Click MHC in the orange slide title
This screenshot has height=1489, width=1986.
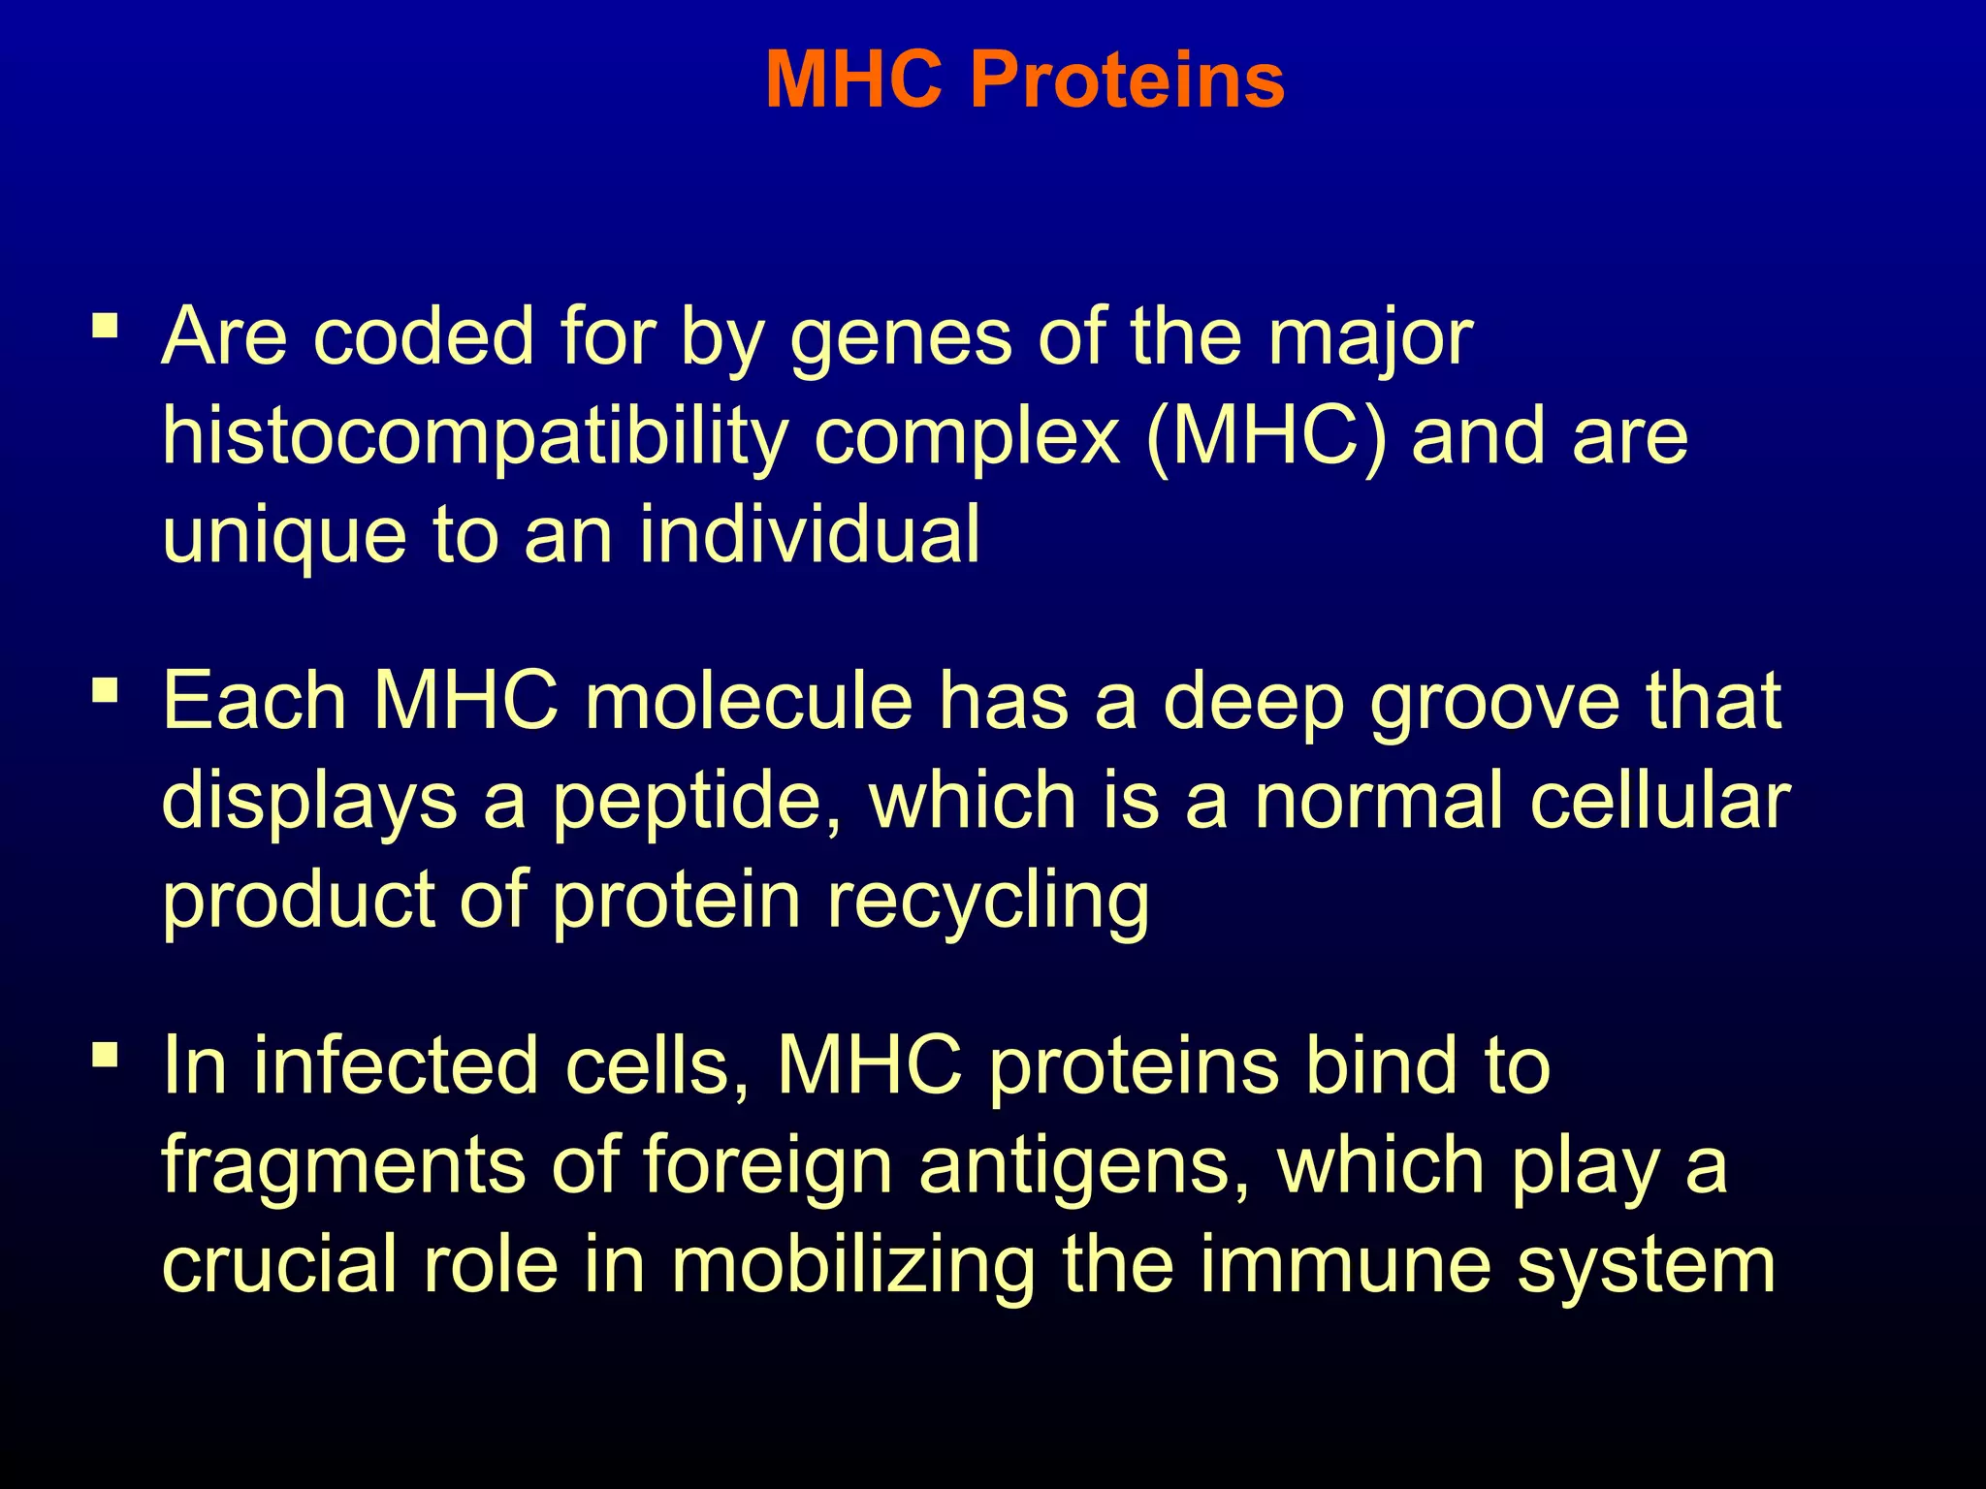click(853, 79)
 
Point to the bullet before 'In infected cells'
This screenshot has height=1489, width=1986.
click(105, 1054)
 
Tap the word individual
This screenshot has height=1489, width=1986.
click(810, 535)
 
